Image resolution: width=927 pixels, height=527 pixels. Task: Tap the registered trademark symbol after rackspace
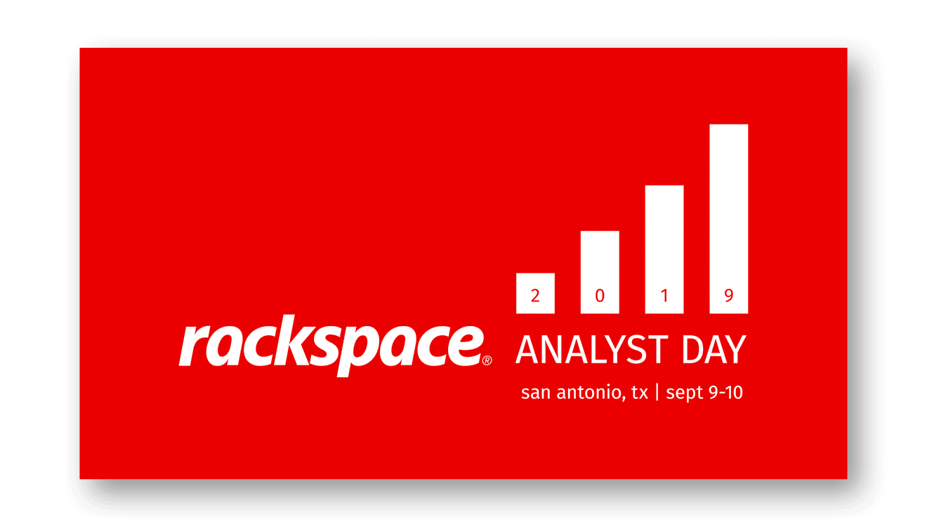(x=487, y=360)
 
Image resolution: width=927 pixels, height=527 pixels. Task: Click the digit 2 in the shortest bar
(x=535, y=296)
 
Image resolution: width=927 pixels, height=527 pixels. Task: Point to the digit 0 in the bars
(x=600, y=296)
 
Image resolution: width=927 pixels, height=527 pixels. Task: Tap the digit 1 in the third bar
(x=664, y=296)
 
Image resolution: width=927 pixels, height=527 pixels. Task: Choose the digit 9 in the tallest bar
(x=729, y=296)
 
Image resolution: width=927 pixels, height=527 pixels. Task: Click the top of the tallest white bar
(x=729, y=128)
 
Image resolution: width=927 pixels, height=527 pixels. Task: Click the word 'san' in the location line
(x=535, y=393)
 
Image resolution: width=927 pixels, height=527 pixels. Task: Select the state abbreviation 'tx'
(x=639, y=393)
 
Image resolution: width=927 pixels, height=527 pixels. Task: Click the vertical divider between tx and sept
(x=657, y=392)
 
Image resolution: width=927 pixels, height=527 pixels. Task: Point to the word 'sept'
(x=684, y=393)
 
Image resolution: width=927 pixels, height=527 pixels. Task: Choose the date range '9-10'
(x=725, y=392)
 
